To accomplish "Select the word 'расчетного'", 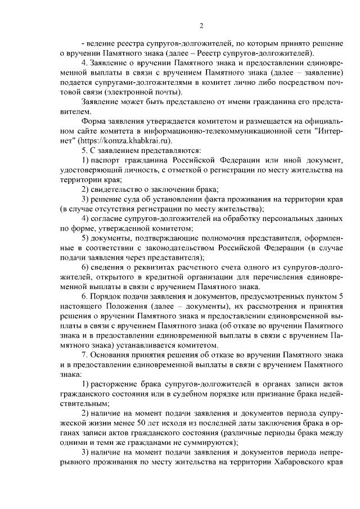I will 204,266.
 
